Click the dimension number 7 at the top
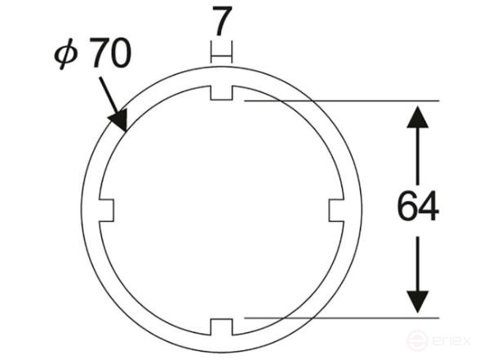click(222, 21)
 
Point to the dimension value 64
click(418, 206)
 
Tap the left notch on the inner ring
click(106, 210)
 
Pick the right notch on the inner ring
click(336, 210)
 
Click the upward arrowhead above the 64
click(418, 117)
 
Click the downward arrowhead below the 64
click(418, 302)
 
